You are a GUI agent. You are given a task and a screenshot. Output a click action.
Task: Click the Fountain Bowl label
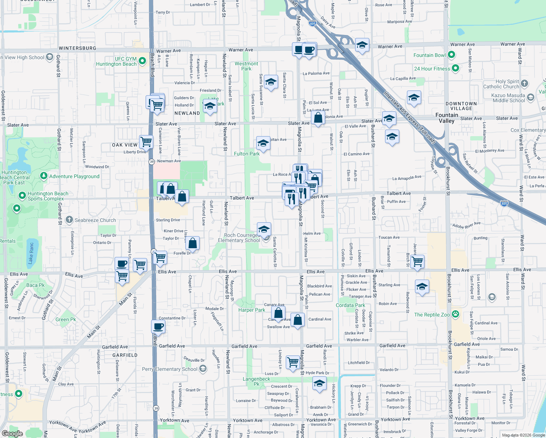point(429,55)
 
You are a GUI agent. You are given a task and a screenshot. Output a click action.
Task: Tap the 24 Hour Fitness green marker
point(455,68)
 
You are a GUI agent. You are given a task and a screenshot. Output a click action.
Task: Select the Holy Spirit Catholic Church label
point(501,84)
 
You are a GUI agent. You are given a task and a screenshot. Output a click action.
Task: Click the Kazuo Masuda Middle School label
point(508,98)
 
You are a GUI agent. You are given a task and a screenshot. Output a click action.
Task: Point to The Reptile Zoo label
point(432,315)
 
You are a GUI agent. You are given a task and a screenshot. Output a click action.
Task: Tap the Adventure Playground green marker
point(44,176)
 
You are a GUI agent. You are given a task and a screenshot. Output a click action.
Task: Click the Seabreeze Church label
point(95,220)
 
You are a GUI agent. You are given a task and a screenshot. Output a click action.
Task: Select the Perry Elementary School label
point(170,369)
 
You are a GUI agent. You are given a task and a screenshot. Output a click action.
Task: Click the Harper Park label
point(251,310)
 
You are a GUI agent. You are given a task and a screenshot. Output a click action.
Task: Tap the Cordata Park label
point(350,305)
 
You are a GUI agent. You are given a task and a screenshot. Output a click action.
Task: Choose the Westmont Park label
point(246,66)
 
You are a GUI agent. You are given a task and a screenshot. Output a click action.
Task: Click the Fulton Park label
point(247,154)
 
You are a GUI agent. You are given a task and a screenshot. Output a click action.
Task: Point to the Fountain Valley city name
point(446,118)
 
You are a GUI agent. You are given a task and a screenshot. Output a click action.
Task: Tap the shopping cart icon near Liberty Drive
point(146,141)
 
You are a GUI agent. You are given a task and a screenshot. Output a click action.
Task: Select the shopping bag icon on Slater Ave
point(318,118)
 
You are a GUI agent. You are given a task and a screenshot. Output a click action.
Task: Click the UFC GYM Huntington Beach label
point(116,61)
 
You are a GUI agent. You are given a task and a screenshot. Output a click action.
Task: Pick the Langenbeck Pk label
point(257,381)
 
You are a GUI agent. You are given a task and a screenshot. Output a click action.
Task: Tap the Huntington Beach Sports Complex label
point(48,196)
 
